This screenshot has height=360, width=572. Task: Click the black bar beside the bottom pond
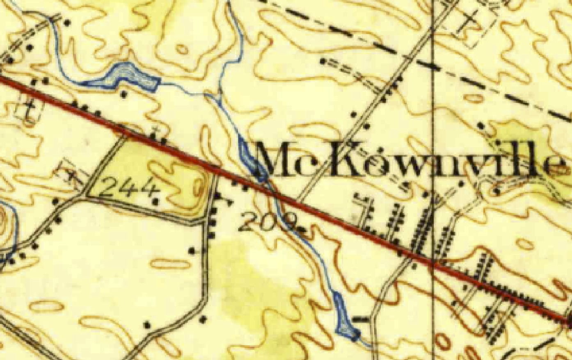tap(361, 319)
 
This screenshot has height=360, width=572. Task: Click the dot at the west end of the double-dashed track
tap(323, 62)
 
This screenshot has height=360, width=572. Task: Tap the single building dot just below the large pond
tap(124, 95)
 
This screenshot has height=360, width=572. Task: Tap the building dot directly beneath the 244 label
tap(155, 201)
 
